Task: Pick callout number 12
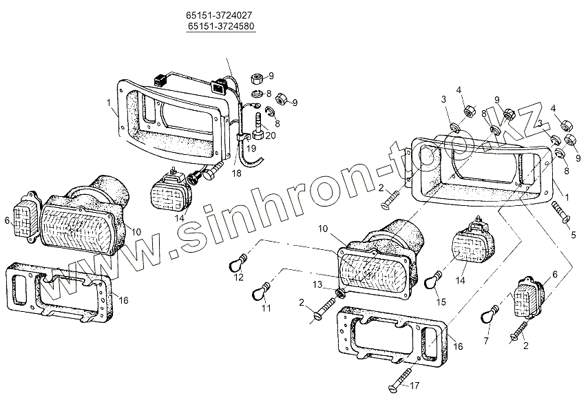tap(238, 278)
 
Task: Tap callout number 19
tap(251, 148)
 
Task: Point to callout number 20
tap(271, 136)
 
